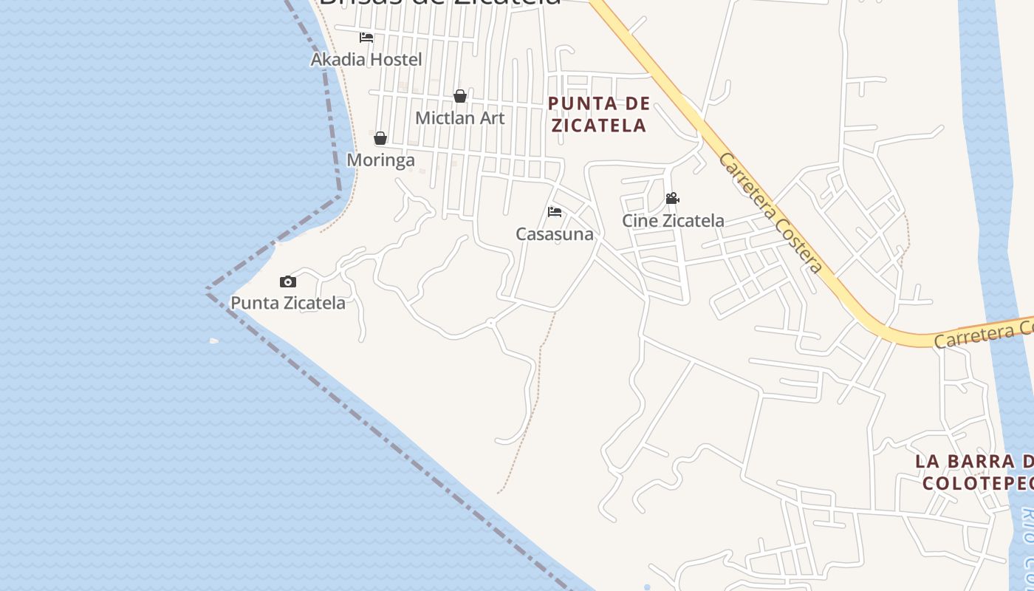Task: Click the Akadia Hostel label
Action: [366, 59]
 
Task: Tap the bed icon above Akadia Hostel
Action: [366, 38]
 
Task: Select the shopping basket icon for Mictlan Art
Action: [460, 96]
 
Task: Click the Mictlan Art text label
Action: [460, 117]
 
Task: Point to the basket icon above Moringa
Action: [380, 138]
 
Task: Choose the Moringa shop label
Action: [380, 160]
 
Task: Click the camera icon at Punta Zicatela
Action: [288, 281]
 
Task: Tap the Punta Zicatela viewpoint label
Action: [288, 303]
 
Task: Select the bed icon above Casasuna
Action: [555, 213]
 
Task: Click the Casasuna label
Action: [555, 234]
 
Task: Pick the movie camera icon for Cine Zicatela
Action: [672, 199]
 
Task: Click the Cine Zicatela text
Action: [673, 220]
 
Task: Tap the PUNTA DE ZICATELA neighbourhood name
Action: [599, 115]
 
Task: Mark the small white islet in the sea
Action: [214, 341]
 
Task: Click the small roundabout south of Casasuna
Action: [490, 323]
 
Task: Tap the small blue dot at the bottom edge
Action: [647, 587]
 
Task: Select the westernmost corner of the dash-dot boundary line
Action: [208, 291]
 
